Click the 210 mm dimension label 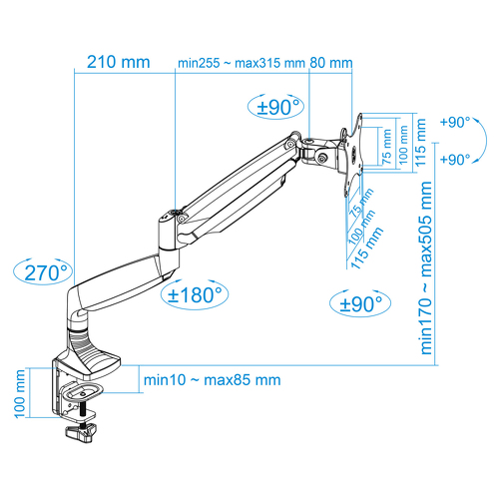tap(119, 62)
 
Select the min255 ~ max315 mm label tap(242, 63)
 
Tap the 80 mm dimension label tap(331, 63)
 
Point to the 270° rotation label tap(46, 273)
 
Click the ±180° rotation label tap(195, 294)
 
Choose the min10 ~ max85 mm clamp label tap(212, 380)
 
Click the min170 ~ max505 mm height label tap(426, 268)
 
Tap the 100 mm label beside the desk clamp tap(20, 393)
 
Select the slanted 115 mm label tap(366, 248)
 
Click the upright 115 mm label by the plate tap(420, 143)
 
